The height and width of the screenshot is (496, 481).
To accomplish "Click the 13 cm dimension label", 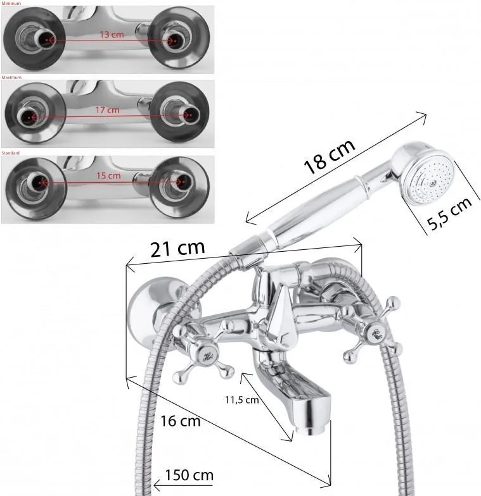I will (x=112, y=34).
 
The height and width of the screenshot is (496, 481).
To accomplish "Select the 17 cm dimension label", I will (x=107, y=109).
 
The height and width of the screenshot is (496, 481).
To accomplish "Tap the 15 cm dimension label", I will (x=110, y=175).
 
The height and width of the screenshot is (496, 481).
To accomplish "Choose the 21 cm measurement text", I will (x=177, y=248).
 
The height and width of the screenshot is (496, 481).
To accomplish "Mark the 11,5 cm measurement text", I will (x=242, y=399).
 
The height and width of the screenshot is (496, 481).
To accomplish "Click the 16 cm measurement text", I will (x=181, y=421).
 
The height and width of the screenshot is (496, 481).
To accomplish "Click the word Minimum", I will (x=11, y=3).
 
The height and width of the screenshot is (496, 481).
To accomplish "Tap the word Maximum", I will (x=11, y=77).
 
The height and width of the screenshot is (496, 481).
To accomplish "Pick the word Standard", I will (x=11, y=153).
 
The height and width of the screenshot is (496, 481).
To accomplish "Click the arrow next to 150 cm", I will (x=158, y=487).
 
